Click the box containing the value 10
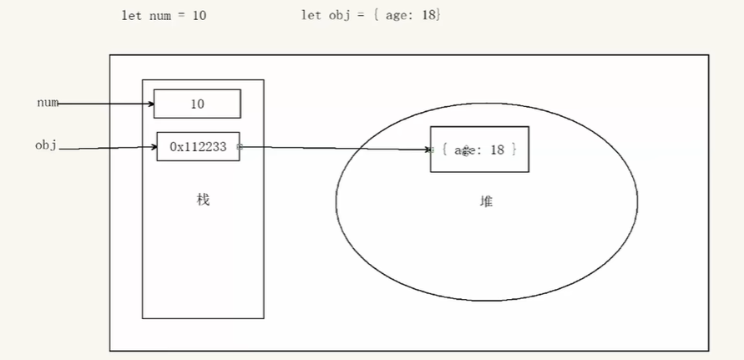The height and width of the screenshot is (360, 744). click(197, 104)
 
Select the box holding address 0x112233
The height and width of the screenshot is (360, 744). click(198, 146)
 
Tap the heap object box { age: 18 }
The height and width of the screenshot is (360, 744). click(479, 149)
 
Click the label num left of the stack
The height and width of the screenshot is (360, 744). click(47, 103)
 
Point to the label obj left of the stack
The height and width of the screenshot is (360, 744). click(45, 145)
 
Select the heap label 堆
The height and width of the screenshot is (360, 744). click(486, 200)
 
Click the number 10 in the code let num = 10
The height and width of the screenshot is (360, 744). click(200, 16)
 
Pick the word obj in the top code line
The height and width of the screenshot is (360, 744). click(337, 16)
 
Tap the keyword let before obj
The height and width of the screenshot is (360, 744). click(311, 16)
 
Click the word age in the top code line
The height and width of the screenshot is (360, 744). click(397, 16)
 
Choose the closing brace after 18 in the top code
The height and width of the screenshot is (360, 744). click(437, 16)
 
